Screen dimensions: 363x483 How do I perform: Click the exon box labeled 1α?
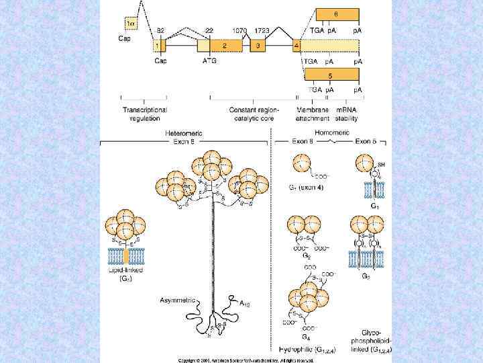click(x=131, y=24)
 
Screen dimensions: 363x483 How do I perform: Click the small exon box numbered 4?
click(x=297, y=46)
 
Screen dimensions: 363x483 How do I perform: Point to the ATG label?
click(x=210, y=61)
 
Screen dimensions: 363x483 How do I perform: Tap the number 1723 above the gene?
click(x=263, y=32)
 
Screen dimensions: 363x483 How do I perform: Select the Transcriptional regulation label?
click(x=144, y=114)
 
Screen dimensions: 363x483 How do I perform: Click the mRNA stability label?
click(x=346, y=114)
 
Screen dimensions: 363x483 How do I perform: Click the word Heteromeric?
click(x=183, y=133)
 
